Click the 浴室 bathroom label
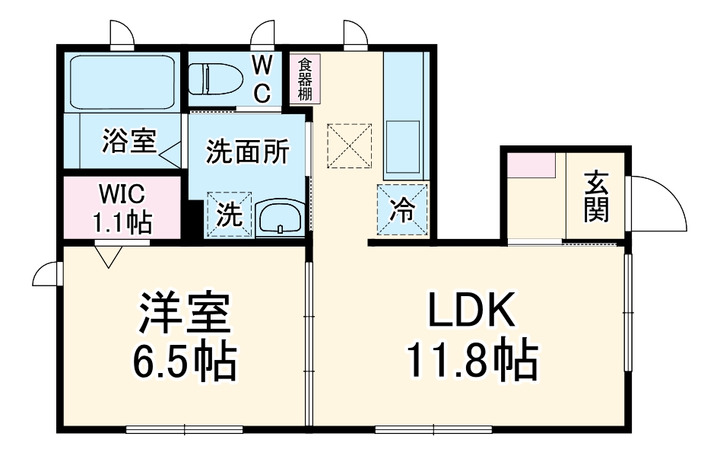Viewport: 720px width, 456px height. (x=128, y=141)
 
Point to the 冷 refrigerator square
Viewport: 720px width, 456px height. (x=403, y=210)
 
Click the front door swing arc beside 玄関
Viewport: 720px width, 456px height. (x=660, y=203)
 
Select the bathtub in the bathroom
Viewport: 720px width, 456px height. (x=122, y=82)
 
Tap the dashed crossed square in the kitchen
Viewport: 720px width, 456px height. (x=350, y=145)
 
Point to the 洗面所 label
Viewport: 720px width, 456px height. (x=247, y=152)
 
